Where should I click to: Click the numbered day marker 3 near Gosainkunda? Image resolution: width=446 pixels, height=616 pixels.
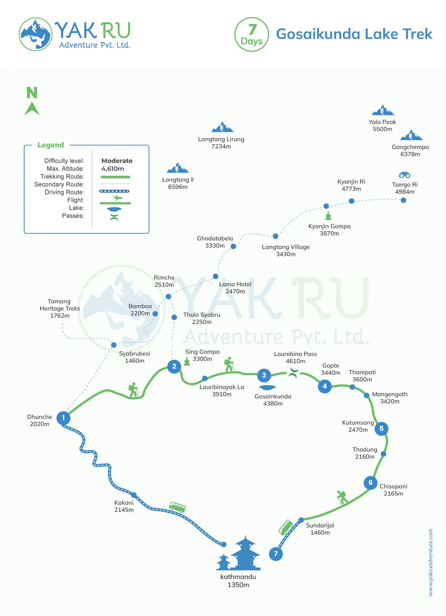coord(264,375)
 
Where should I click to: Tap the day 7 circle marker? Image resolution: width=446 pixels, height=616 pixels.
coord(276,554)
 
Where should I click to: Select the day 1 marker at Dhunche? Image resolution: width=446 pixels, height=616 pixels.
coord(64,418)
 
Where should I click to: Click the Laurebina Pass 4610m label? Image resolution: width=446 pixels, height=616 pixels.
coord(295,358)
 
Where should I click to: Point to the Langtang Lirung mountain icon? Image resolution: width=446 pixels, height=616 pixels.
coord(222,128)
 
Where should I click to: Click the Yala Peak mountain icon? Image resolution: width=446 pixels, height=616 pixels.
coord(383,110)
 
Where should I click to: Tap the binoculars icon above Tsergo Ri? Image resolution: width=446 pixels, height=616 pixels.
coord(404,175)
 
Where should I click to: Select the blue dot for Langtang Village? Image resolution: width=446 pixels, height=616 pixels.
coord(275,236)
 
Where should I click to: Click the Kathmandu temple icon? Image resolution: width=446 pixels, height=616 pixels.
coord(239,554)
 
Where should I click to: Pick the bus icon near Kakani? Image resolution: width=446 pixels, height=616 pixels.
coord(177,507)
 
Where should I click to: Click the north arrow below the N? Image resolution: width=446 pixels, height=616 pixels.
coord(32,109)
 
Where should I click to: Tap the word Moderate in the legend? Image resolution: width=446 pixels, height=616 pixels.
coord(117,161)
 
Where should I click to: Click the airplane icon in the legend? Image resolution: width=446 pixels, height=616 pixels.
coord(117,198)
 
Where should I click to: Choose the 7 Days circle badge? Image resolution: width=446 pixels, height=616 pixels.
coord(252,35)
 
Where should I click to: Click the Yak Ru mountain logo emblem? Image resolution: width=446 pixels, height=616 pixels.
coord(36,34)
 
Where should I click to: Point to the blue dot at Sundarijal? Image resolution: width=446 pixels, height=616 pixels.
coord(301,520)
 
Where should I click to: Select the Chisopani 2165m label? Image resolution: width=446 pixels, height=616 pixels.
coord(393,490)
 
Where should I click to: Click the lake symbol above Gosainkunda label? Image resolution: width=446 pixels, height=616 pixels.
coord(267,388)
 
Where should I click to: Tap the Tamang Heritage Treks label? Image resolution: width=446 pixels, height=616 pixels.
coord(59,308)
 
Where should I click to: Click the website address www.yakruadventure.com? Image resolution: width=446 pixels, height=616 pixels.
coord(431,562)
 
